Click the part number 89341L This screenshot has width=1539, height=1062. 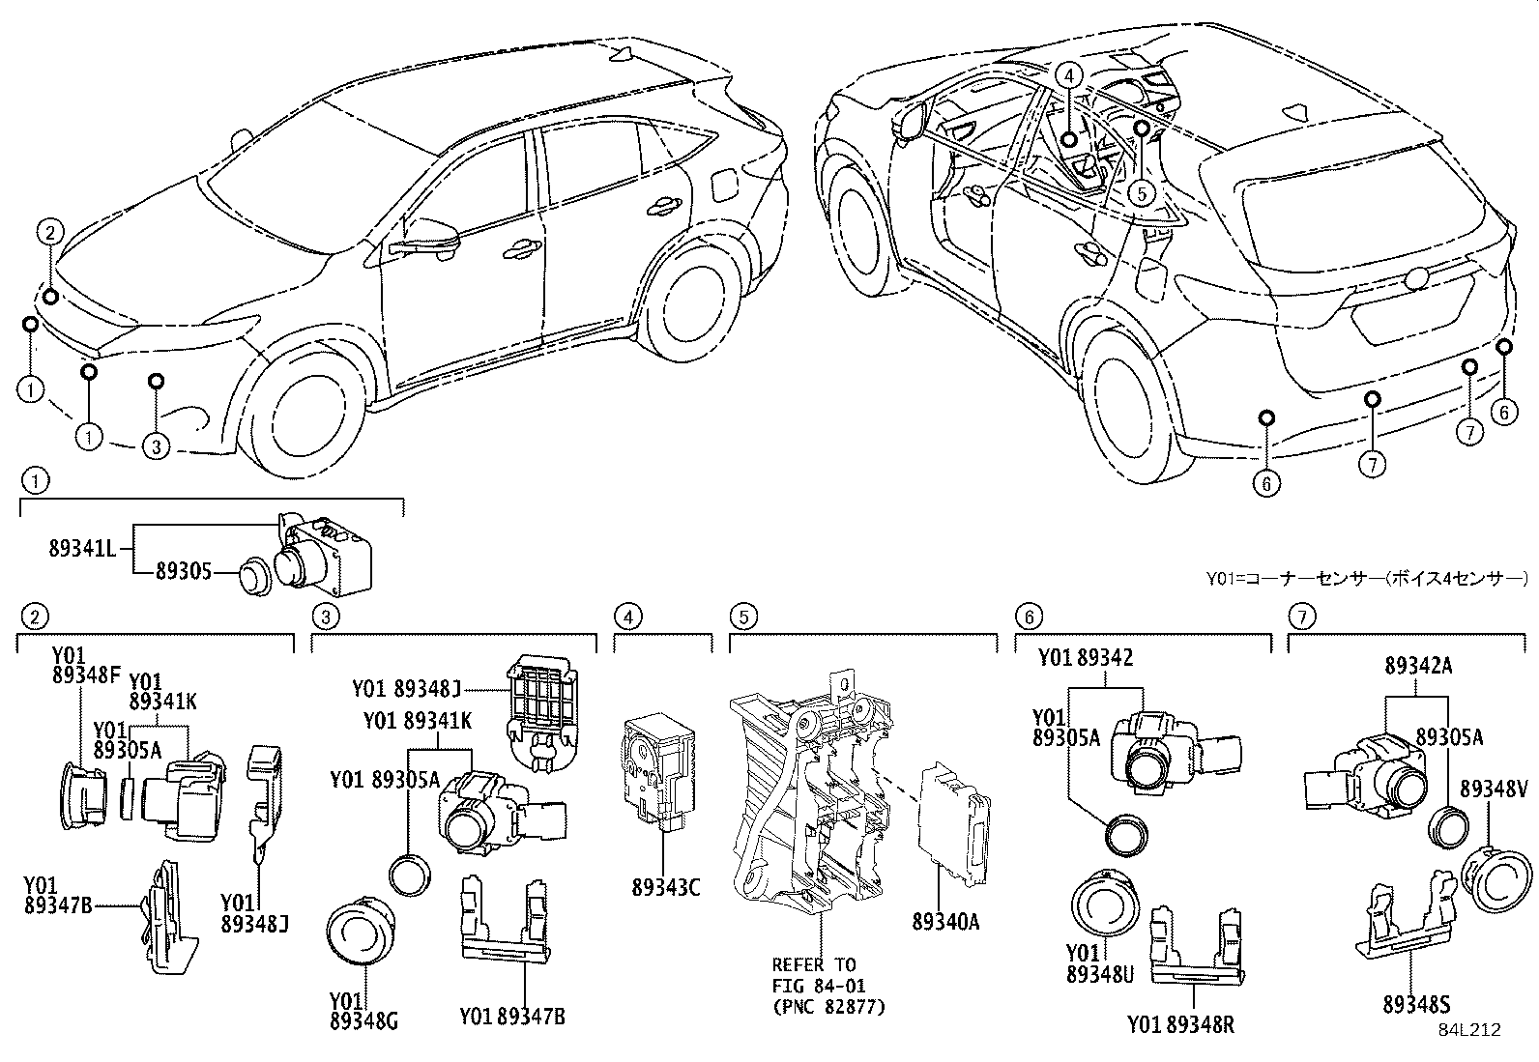point(82,549)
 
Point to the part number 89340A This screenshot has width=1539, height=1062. point(944,922)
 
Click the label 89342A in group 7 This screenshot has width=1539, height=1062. point(1418,666)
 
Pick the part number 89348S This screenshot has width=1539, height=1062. point(1415,1005)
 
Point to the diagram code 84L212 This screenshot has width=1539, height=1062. point(1468,1029)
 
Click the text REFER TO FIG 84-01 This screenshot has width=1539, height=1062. point(814,974)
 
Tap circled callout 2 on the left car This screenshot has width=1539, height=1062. point(50,231)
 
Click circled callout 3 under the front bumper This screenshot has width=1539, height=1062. point(156,445)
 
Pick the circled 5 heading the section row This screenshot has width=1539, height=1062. point(741,616)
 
